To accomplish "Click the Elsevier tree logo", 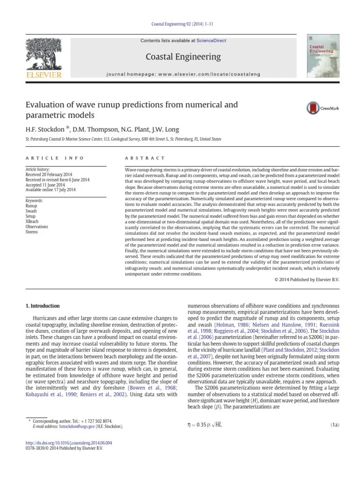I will click(43, 53).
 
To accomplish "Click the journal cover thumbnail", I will click(323, 56).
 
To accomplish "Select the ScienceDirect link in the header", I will click(211, 41).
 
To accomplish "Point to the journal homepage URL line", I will click(183, 74).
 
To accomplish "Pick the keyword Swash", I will click(31, 211).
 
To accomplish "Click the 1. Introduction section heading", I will click(42, 306).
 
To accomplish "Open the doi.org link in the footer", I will click(68, 442).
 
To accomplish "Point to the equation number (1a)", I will click(335, 425).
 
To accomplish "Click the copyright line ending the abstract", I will click(306, 280).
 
